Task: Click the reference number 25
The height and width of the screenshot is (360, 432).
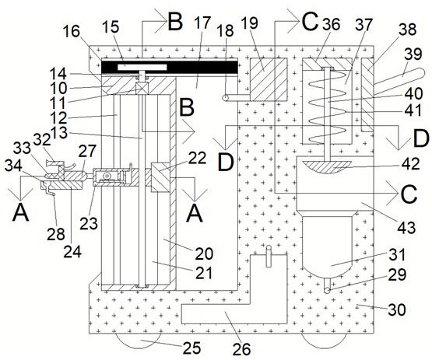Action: pyautogui.click(x=191, y=348)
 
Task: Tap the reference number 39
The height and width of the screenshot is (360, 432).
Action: pyautogui.click(x=413, y=54)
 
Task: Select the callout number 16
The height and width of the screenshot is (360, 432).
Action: pyautogui.click(x=71, y=31)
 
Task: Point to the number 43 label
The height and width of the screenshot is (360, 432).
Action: pyautogui.click(x=406, y=227)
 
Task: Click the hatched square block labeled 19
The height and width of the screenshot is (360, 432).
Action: pyautogui.click(x=268, y=79)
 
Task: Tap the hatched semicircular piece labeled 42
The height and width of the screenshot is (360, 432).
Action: pyautogui.click(x=327, y=167)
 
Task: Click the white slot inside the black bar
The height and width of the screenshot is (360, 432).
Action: pyautogui.click(x=142, y=68)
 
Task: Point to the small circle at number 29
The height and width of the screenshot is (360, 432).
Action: pyautogui.click(x=327, y=291)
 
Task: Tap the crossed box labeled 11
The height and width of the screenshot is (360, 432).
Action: pyautogui.click(x=142, y=89)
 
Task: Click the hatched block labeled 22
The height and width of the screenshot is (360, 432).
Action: pyautogui.click(x=160, y=177)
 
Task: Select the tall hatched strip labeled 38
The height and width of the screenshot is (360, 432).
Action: pyautogui.click(x=367, y=95)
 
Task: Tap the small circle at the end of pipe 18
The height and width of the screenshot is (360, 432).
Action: pyautogui.click(x=226, y=98)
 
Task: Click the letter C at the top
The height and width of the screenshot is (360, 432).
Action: pyautogui.click(x=310, y=22)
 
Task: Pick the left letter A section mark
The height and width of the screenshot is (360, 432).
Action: pyautogui.click(x=21, y=213)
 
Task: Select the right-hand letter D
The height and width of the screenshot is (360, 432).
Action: pyautogui.click(x=421, y=139)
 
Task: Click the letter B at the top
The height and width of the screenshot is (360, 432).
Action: pyautogui.click(x=175, y=22)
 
